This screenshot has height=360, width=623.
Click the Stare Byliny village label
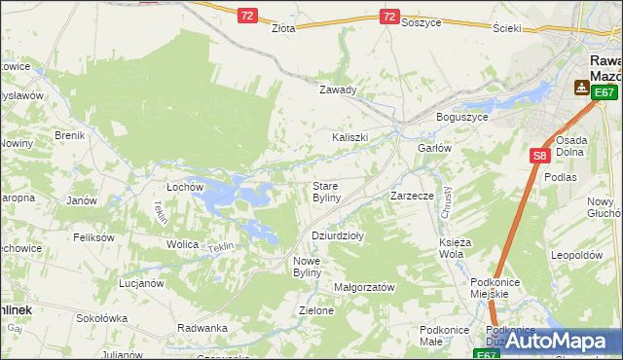[325, 192]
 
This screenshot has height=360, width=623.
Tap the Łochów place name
[184, 186]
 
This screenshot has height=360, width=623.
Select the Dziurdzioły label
[338, 235]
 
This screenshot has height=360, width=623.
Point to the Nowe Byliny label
[313, 266]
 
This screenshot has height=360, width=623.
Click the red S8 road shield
[540, 155]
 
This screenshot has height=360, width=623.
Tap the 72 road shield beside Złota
[247, 16]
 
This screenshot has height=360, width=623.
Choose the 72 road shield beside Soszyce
[389, 17]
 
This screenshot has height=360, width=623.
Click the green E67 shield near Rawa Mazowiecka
[605, 92]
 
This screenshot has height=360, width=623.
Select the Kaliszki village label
[349, 137]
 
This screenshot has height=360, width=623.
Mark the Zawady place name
[339, 90]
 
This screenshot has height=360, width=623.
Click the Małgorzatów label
[363, 288]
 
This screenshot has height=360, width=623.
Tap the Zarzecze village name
[411, 196]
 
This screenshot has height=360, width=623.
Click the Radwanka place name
[202, 328]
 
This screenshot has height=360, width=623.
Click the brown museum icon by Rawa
[581, 89]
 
